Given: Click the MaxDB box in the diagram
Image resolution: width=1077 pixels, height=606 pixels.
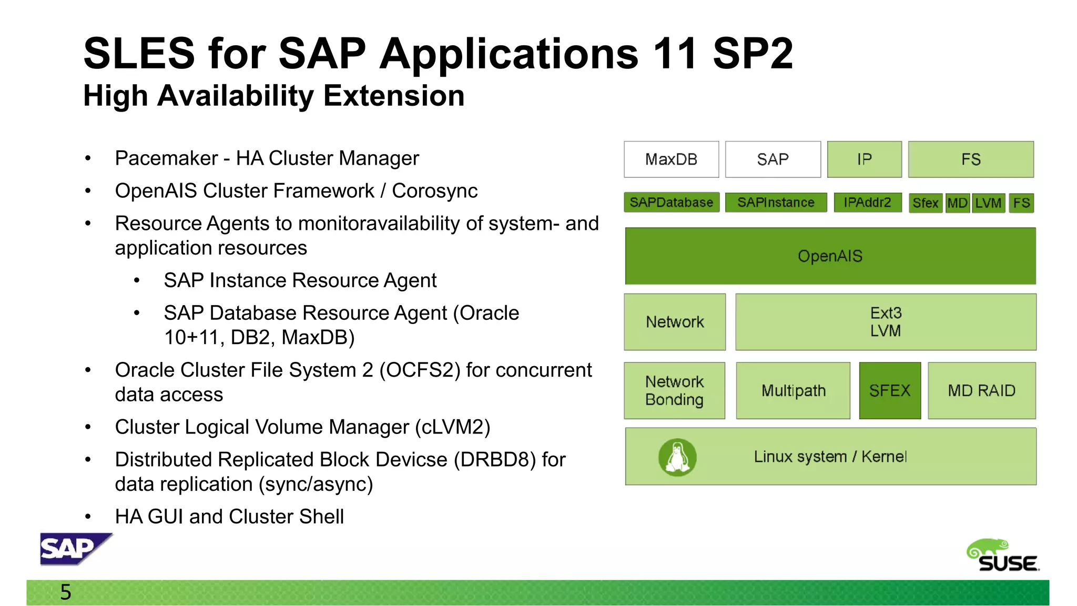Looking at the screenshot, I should click(x=671, y=159).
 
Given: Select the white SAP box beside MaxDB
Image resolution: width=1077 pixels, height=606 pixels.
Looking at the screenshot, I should click(x=773, y=159).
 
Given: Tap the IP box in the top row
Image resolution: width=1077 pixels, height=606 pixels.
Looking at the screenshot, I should click(x=864, y=159).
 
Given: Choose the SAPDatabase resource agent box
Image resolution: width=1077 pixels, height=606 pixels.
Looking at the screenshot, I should click(x=671, y=203).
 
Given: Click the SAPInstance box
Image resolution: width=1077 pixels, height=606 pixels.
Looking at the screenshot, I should click(x=775, y=203).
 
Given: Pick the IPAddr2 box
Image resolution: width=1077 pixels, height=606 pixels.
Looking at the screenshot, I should click(x=867, y=203).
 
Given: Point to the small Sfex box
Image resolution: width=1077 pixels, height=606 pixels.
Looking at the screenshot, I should click(x=925, y=203).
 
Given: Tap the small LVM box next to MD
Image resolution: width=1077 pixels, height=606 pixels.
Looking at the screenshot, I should click(x=988, y=203).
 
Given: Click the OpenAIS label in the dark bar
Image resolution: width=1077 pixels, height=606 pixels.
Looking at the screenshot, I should click(x=830, y=256).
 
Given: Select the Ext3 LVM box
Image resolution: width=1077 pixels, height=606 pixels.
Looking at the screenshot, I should click(x=886, y=322).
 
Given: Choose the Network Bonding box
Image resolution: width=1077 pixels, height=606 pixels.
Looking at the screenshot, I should click(x=674, y=390).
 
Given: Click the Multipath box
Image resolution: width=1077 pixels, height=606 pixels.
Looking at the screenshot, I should click(x=793, y=390).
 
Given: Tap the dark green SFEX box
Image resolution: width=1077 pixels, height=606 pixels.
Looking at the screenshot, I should click(x=890, y=390).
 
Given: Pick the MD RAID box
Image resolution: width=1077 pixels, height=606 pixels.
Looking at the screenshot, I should click(x=981, y=390).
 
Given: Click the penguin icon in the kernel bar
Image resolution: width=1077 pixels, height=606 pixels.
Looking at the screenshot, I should click(x=677, y=457).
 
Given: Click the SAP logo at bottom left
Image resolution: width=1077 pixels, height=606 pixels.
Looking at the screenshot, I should click(x=74, y=549).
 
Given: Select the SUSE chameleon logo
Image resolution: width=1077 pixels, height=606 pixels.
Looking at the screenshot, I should click(x=1002, y=555).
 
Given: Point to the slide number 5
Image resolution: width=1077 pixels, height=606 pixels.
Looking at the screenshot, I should click(x=66, y=592).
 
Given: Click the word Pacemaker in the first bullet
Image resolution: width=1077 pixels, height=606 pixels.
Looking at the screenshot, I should click(x=166, y=158).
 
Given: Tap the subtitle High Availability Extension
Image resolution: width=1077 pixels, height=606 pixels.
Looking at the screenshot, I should click(x=273, y=96).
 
